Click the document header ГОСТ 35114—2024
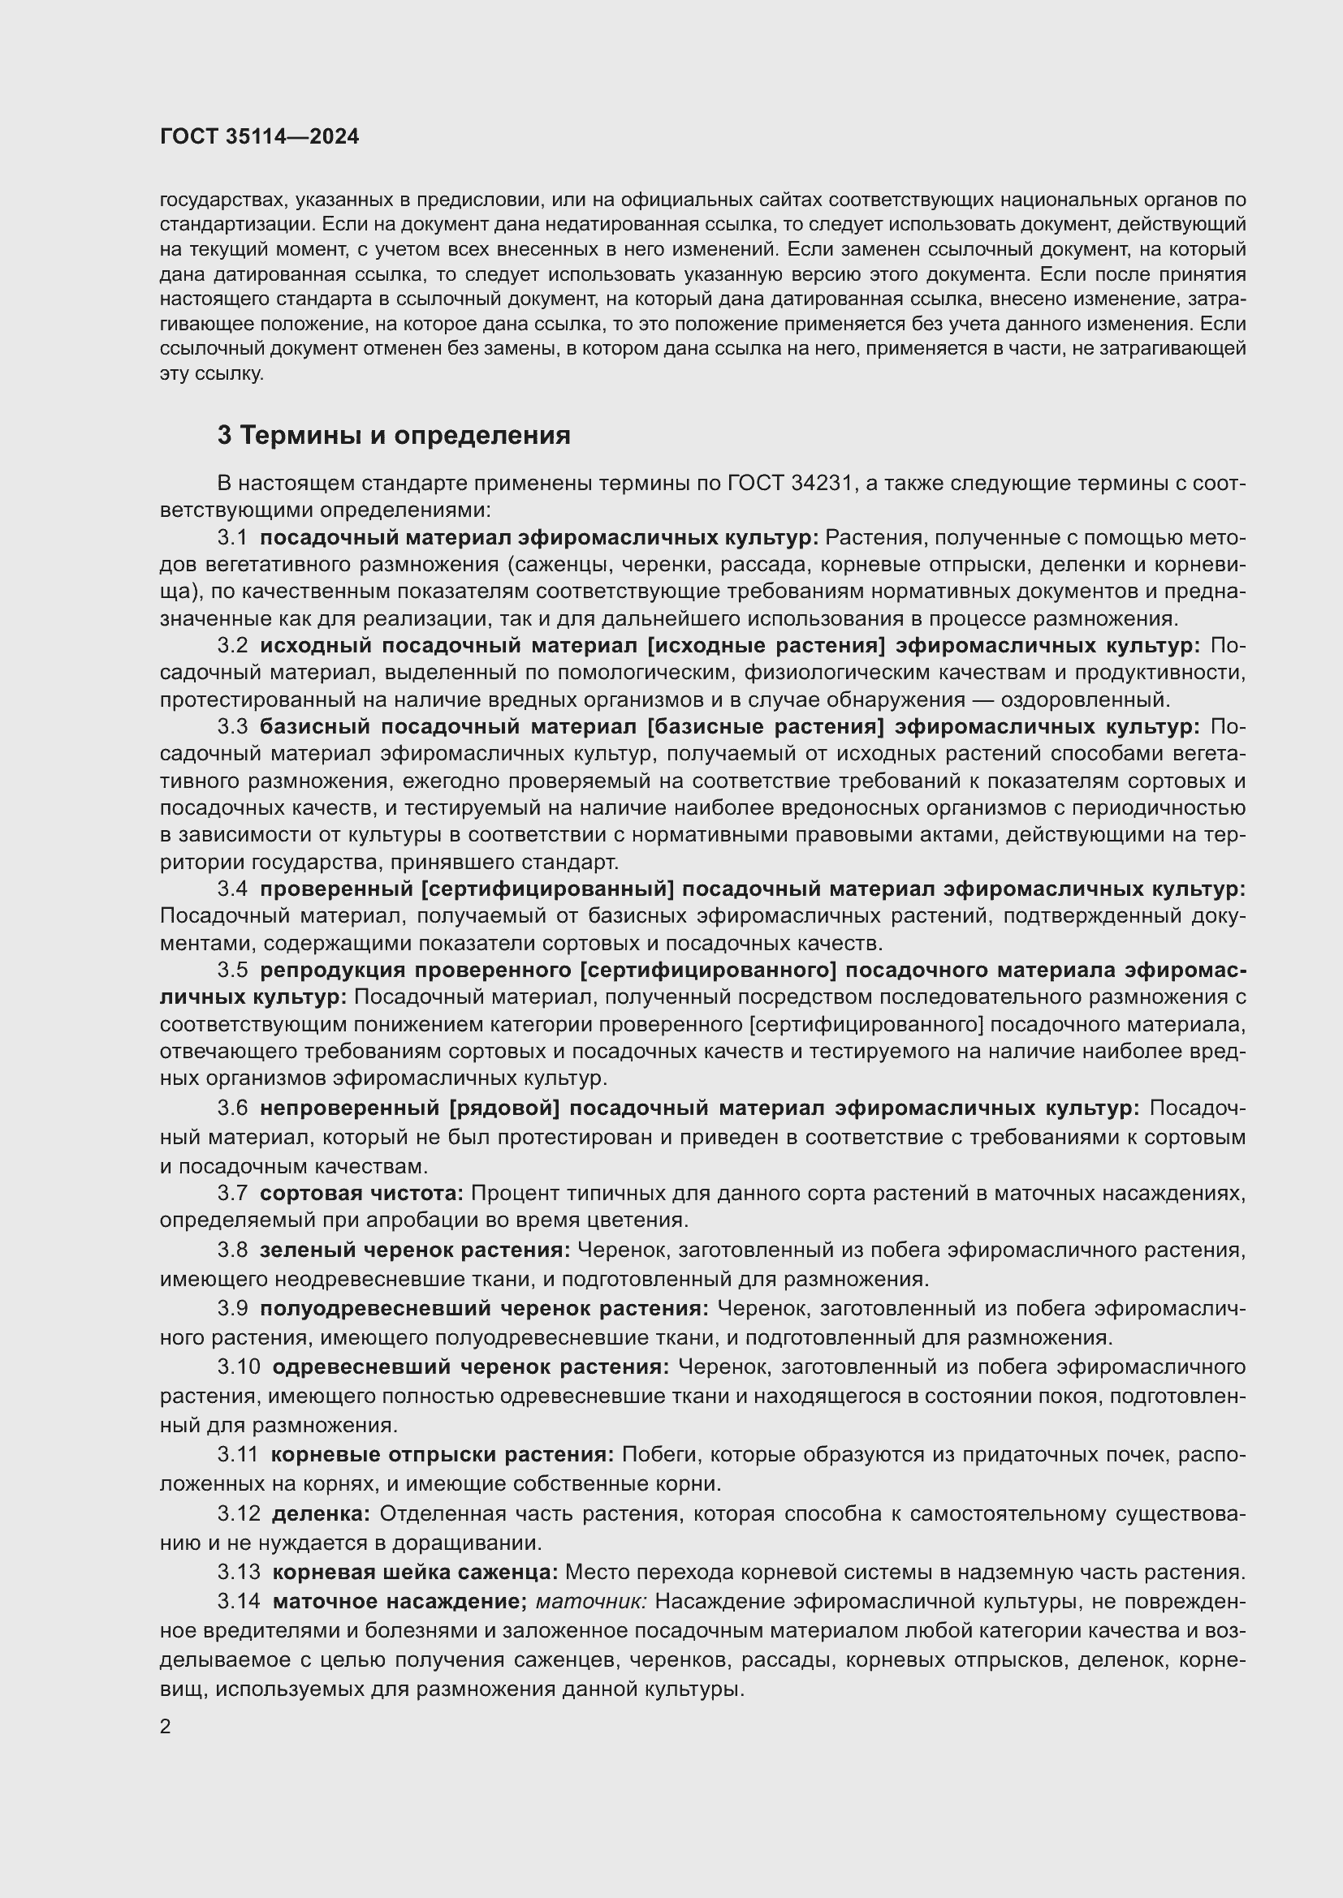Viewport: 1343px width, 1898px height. (259, 136)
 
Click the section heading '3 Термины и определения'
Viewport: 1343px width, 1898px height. (394, 436)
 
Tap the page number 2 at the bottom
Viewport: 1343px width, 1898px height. (166, 1727)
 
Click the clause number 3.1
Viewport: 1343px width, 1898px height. (232, 538)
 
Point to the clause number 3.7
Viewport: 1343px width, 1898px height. (232, 1194)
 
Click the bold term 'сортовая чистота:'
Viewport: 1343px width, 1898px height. (362, 1194)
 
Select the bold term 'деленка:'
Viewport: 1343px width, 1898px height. (321, 1514)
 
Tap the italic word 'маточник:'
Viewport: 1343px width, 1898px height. (591, 1601)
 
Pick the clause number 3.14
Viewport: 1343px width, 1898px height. (238, 1601)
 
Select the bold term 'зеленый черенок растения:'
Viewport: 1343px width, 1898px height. (415, 1250)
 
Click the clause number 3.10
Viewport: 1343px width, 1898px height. (238, 1367)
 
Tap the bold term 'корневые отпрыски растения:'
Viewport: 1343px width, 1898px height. (443, 1455)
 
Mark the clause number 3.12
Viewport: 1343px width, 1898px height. (238, 1514)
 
